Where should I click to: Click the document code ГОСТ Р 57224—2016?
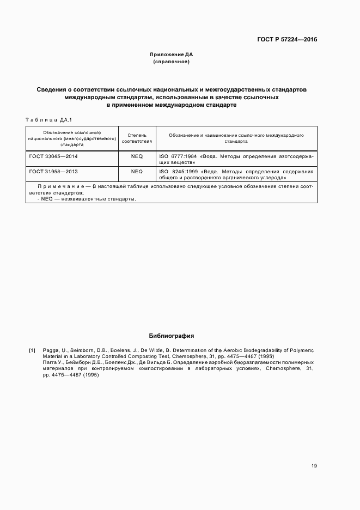(288, 40)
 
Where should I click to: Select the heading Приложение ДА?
(172, 55)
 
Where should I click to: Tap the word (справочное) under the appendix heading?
(172, 62)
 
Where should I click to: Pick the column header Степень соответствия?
(137, 137)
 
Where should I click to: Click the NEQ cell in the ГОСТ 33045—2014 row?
(137, 156)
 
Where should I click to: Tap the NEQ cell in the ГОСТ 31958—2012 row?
(137, 172)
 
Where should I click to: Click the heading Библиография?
(172, 336)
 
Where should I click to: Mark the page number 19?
(314, 466)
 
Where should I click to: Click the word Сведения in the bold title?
(54, 89)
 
